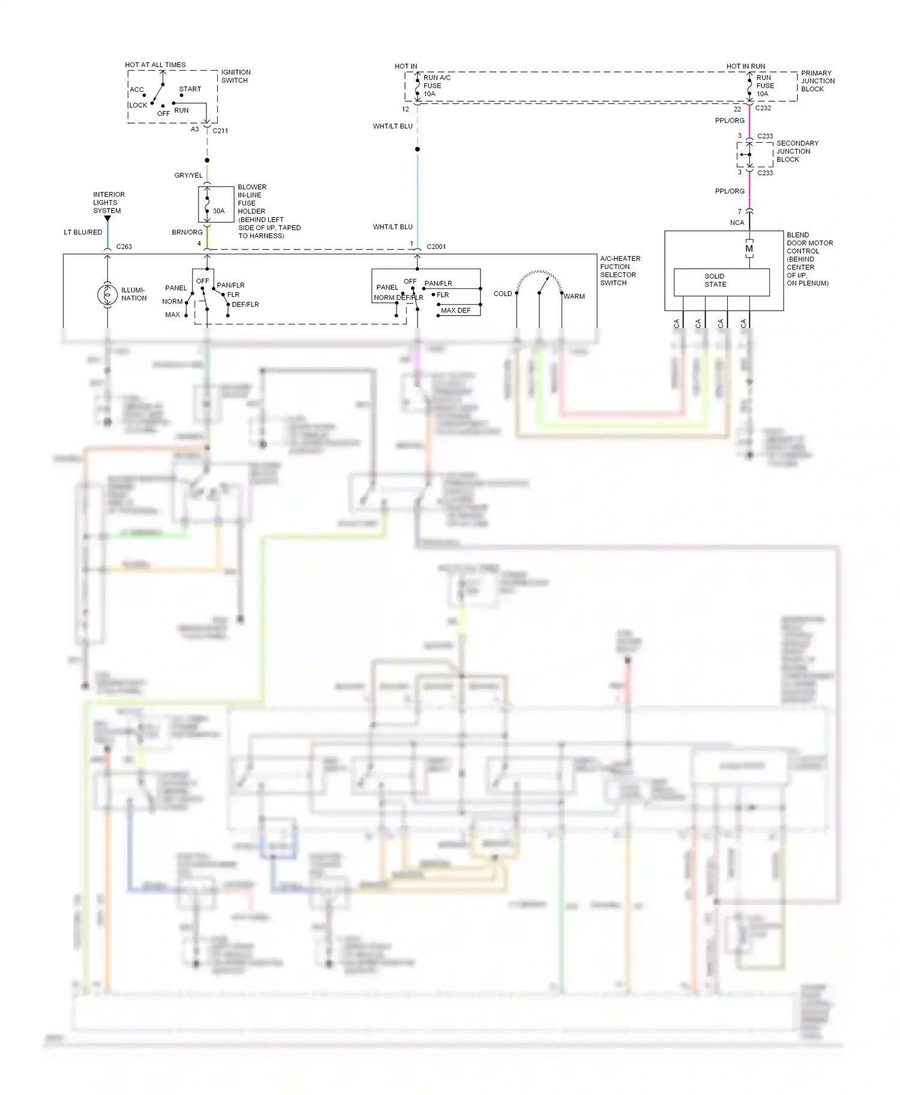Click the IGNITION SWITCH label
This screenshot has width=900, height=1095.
(x=236, y=76)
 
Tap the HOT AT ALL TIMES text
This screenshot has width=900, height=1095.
(x=155, y=65)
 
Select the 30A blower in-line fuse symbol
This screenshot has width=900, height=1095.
(x=208, y=204)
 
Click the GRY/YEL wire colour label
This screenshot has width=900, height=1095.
(x=188, y=176)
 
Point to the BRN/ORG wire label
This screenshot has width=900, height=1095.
(x=187, y=232)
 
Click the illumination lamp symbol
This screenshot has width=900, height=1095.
(x=107, y=294)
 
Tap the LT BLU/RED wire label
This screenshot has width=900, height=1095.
(x=83, y=232)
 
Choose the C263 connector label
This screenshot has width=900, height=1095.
(x=124, y=246)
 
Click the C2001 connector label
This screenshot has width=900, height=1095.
(x=436, y=246)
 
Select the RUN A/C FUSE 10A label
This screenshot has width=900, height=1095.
(x=436, y=86)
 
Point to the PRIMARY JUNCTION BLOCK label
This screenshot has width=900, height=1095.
(x=817, y=81)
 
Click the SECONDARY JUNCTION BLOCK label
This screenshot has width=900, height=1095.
(x=797, y=151)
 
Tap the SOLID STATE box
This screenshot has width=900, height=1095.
(x=721, y=281)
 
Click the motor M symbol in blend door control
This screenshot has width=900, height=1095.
(x=749, y=249)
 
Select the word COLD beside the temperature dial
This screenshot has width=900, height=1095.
(x=503, y=294)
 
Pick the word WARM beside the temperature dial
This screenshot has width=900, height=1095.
(x=574, y=296)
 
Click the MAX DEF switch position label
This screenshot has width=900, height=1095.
(x=456, y=311)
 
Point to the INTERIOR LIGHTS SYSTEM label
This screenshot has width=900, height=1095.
(x=109, y=203)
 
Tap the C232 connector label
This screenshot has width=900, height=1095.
(x=763, y=108)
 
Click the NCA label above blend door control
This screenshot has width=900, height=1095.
(x=737, y=222)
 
